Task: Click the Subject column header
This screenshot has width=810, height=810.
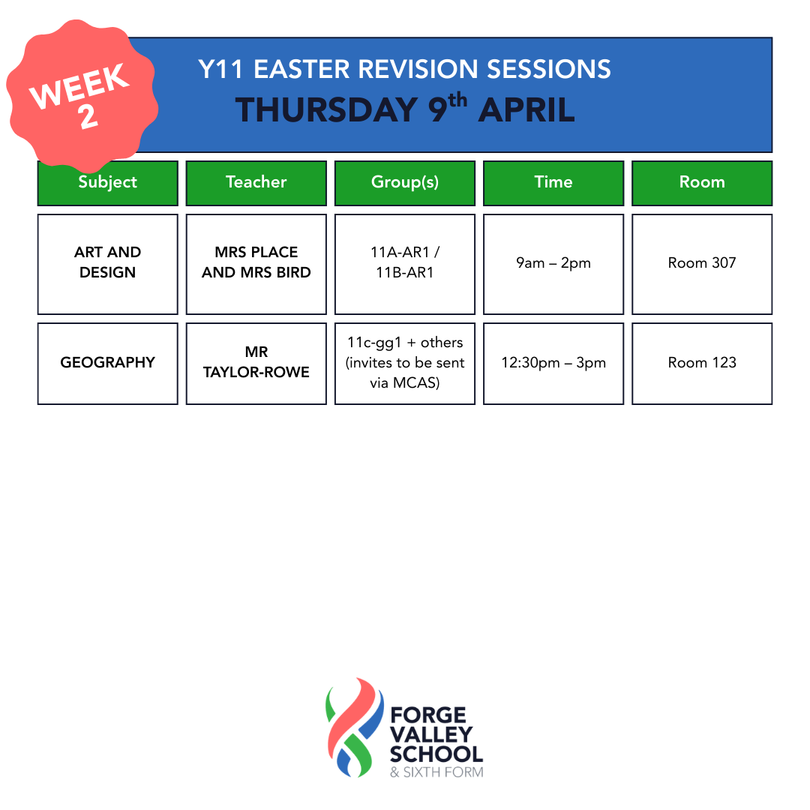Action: pyautogui.click(x=107, y=183)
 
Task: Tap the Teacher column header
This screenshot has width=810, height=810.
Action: pyautogui.click(x=256, y=183)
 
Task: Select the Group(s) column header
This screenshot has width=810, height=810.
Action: pyautogui.click(x=405, y=183)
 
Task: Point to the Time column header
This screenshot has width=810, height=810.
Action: pyautogui.click(x=553, y=183)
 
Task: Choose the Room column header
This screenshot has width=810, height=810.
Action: pyautogui.click(x=702, y=183)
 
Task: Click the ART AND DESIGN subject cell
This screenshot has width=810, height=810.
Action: pyautogui.click(x=107, y=264)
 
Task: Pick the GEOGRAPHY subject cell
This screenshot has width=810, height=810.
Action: pyautogui.click(x=107, y=364)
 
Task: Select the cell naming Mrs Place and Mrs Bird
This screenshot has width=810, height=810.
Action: pyautogui.click(x=256, y=264)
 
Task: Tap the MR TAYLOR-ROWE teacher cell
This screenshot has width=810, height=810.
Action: pyautogui.click(x=256, y=364)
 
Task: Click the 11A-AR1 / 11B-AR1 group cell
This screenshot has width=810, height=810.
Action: pyautogui.click(x=405, y=264)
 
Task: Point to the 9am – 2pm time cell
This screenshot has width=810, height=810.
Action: pyautogui.click(x=553, y=264)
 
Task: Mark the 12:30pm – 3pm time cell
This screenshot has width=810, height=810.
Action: pyautogui.click(x=553, y=364)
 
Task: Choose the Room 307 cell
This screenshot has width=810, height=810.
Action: pyautogui.click(x=702, y=264)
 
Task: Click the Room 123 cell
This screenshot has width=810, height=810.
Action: pyautogui.click(x=702, y=364)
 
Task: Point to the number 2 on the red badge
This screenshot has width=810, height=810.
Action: pyautogui.click(x=88, y=116)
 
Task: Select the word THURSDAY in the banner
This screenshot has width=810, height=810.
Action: pyautogui.click(x=326, y=110)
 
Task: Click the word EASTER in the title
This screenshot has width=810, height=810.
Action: pyautogui.click(x=301, y=69)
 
